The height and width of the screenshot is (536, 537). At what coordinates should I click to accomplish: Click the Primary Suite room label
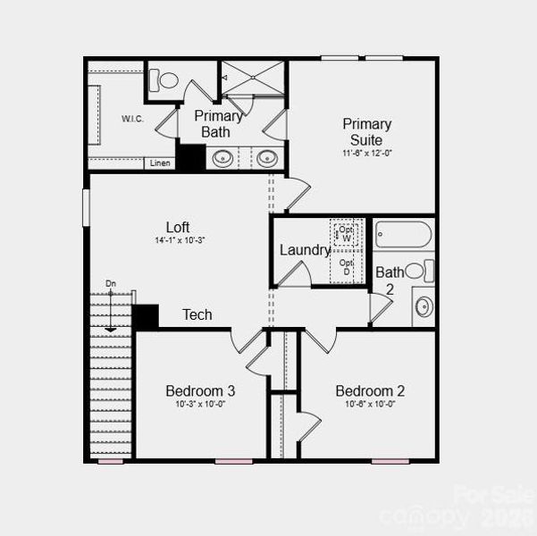pos(366,132)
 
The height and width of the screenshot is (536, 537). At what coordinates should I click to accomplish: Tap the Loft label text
pos(178,227)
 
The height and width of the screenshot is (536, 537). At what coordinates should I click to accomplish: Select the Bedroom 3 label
pos(200,390)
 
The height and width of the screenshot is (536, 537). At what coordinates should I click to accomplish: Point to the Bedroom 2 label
pos(370,390)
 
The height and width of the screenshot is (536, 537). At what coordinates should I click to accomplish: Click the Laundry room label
pos(305,250)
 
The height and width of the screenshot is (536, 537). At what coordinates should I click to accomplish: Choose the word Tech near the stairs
pos(197,314)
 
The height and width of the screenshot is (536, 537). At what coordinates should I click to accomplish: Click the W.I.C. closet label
pos(133,119)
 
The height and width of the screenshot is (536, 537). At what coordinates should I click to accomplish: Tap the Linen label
pos(160,163)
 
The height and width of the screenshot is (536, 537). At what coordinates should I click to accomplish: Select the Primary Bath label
pos(217,123)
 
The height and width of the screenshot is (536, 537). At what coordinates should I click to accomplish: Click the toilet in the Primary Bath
pos(165,80)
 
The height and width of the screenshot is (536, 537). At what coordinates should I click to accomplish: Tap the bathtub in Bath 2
pos(403,235)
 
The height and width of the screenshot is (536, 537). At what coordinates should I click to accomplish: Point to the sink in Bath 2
pos(424,306)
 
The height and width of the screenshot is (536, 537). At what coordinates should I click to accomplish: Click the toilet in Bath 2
pos(418,270)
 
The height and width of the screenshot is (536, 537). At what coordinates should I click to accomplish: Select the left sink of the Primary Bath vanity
pos(223,158)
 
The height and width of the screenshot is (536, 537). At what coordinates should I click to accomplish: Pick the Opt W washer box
pos(346,234)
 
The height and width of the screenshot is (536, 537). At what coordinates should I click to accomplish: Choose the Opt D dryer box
pos(346,266)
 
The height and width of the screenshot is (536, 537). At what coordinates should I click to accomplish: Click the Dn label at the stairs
pos(111,284)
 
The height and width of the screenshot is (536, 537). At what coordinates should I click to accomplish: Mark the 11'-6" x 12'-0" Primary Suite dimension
pos(366,154)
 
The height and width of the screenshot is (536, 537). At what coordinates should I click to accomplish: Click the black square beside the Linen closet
pos(190,156)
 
